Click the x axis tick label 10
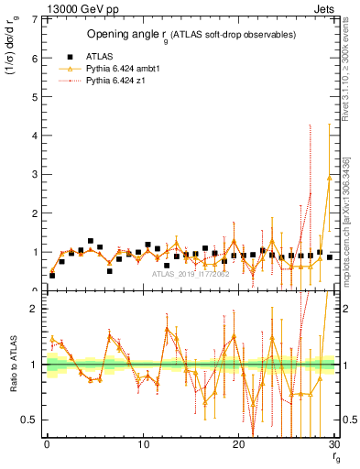143,445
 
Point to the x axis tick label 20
239,445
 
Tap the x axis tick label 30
334,445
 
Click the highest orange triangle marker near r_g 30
329,178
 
